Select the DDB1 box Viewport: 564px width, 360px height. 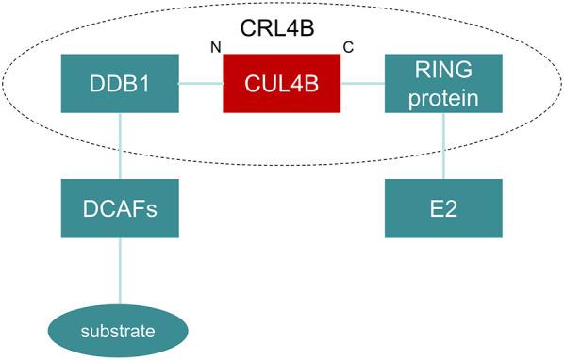[x=120, y=82]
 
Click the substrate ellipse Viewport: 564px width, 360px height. [x=120, y=331]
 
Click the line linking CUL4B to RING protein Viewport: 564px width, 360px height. [x=362, y=83]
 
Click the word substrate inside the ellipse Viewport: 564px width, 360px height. [x=120, y=332]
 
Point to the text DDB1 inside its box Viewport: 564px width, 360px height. [x=120, y=83]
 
